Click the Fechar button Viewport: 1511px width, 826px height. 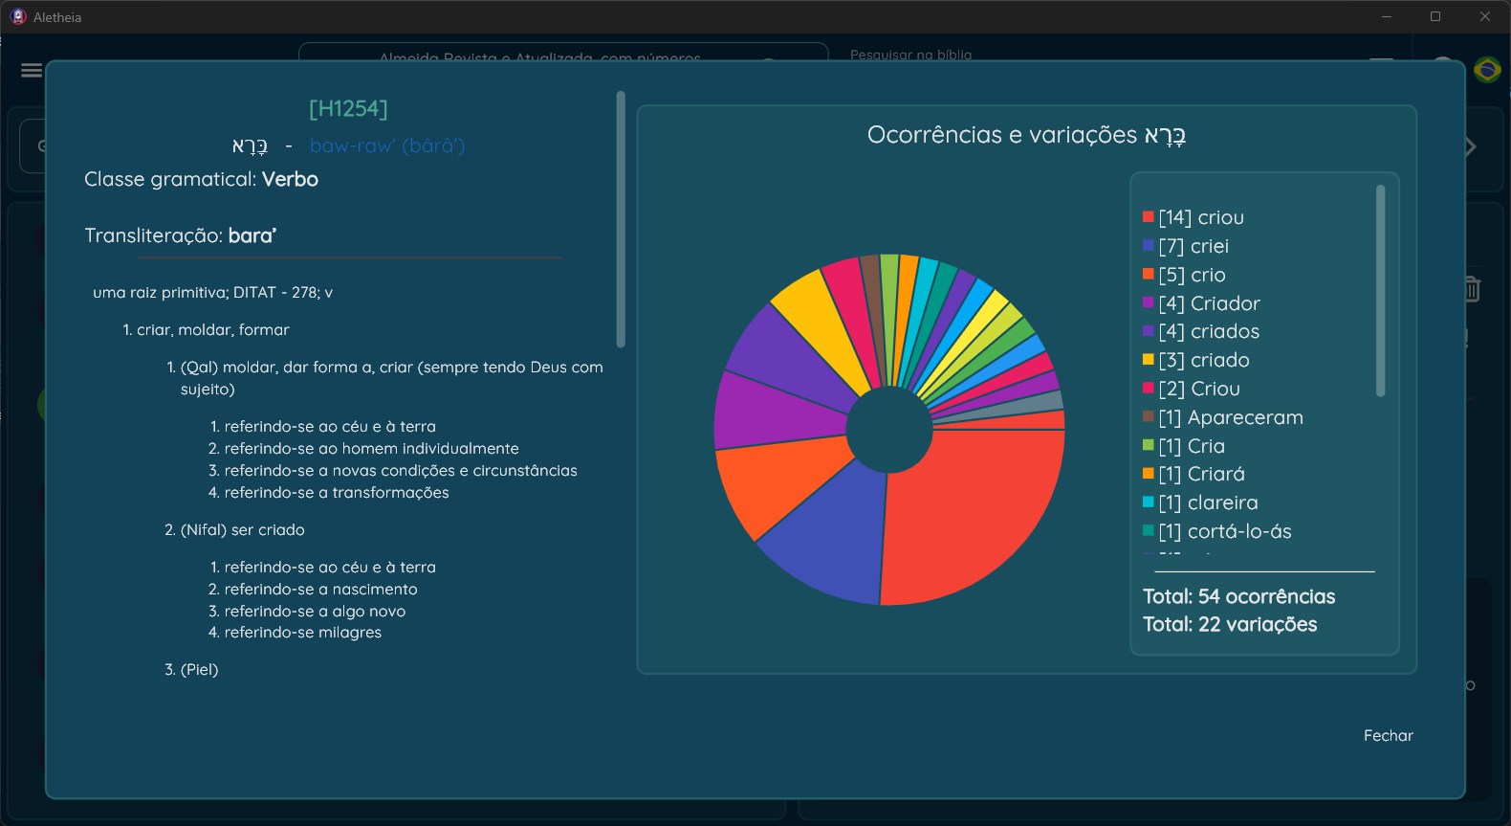(1388, 735)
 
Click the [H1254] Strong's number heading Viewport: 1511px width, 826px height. (348, 109)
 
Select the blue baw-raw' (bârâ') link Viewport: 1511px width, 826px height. (387, 145)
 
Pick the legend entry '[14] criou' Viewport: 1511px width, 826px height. (1201, 217)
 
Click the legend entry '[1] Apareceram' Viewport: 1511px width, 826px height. (1230, 417)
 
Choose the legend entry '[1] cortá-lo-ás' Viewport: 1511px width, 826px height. (1224, 531)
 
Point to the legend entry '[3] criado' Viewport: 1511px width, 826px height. (1204, 360)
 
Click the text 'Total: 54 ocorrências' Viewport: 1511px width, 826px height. (1238, 596)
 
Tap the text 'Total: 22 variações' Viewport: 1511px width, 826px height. (1230, 624)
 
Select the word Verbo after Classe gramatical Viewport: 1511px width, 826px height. (290, 179)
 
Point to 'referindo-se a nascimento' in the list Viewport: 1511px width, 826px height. (320, 589)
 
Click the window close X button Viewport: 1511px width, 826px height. (1484, 16)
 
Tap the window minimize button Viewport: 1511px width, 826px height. (1386, 16)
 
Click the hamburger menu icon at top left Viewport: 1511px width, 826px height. (31, 70)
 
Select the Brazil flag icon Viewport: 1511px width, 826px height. (1487, 70)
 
